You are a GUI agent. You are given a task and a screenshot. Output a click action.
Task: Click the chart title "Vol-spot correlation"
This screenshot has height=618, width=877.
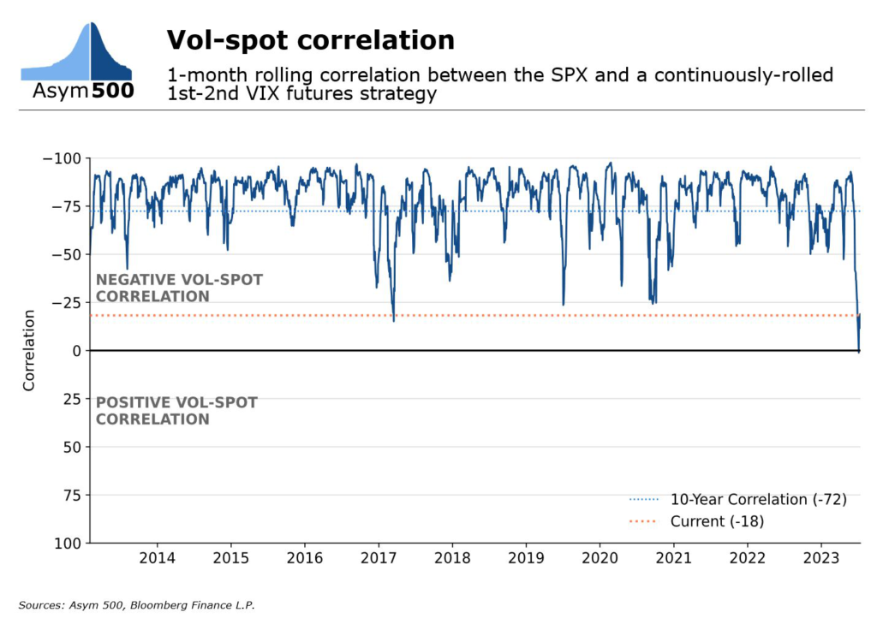[x=310, y=40]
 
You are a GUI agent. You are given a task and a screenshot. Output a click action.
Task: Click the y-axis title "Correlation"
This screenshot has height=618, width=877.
[x=29, y=351]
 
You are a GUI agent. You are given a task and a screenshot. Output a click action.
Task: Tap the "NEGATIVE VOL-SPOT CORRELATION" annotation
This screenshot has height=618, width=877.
[x=179, y=288]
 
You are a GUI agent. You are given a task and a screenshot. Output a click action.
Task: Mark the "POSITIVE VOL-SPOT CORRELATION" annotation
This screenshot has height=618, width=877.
[x=176, y=411]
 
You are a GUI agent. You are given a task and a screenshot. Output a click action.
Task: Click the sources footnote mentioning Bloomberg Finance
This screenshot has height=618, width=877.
[x=137, y=605]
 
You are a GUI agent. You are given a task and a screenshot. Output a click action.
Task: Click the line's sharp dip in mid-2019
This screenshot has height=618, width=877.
[x=563, y=304]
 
